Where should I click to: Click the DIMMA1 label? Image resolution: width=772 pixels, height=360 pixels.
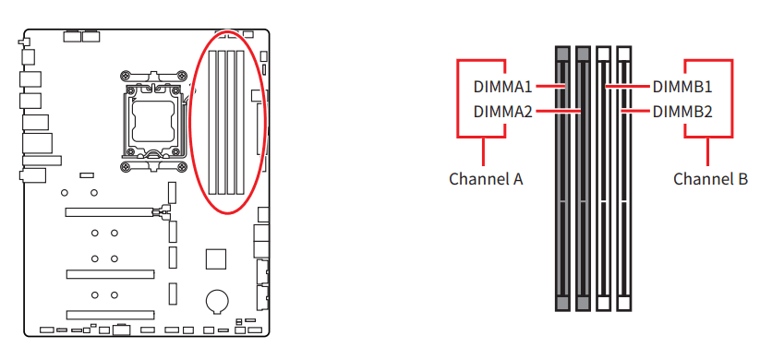[502, 88]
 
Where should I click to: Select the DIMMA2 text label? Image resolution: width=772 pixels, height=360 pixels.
[502, 112]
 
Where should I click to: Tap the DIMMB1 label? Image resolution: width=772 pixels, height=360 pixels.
[682, 88]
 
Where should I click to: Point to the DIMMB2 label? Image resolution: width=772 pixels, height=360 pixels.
[682, 112]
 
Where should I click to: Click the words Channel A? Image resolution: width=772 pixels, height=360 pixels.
[486, 179]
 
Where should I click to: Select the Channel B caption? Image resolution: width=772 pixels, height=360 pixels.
[710, 179]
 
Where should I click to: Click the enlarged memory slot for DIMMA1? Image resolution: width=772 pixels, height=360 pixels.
[562, 203]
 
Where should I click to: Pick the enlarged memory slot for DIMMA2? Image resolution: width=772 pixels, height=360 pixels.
[583, 203]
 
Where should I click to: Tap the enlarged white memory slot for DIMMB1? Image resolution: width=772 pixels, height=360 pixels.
[604, 203]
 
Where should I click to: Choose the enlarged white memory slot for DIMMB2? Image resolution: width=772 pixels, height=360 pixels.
[624, 203]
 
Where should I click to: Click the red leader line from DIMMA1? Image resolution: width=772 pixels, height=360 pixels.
[549, 88]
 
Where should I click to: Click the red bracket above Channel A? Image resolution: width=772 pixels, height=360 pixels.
[484, 138]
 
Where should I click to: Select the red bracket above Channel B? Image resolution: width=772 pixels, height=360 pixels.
[707, 138]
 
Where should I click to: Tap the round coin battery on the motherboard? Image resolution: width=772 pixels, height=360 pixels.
[216, 300]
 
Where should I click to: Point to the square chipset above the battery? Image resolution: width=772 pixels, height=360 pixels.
[216, 258]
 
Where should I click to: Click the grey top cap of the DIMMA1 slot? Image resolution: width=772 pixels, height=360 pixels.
[562, 54]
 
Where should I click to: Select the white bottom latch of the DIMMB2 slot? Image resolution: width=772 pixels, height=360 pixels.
[624, 303]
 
